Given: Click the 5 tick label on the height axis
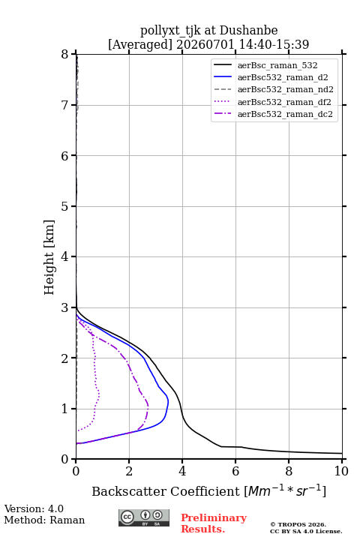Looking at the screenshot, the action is click(65, 206).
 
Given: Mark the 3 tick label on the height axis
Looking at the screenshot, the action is click(65, 307).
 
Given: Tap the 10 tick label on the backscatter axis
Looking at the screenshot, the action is click(341, 471).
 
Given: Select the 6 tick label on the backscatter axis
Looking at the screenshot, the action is click(235, 471).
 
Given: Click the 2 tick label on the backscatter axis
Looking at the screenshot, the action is click(129, 471).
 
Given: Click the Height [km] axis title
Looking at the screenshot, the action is click(49, 257).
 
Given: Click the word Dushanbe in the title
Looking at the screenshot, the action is click(249, 31).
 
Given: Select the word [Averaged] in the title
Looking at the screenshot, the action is click(140, 44).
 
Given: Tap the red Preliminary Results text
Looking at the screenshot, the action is click(214, 523).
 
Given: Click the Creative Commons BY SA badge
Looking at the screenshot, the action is click(144, 517).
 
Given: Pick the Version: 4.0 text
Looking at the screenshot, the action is click(34, 508).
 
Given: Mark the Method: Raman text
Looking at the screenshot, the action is click(44, 520).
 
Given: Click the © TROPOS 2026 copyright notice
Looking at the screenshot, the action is click(298, 524).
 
